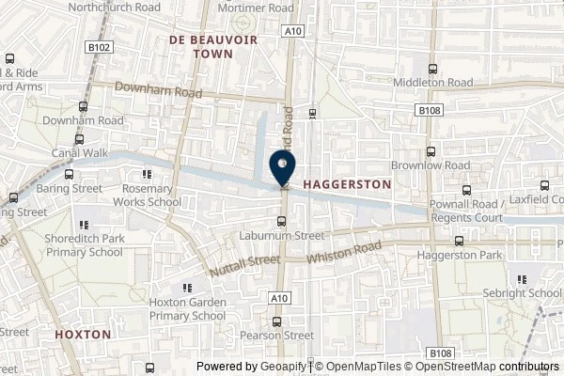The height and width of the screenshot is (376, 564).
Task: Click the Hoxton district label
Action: (83, 334)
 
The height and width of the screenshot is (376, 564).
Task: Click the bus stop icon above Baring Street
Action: (69, 174)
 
